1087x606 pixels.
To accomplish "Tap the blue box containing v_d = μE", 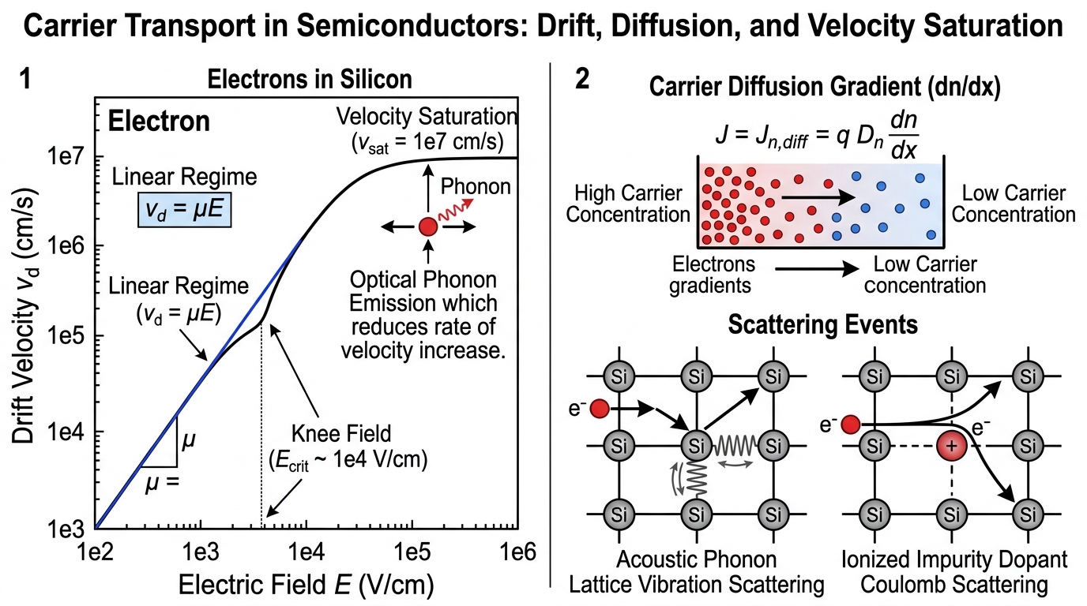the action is click(184, 209).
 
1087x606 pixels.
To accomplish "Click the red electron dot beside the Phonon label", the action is click(428, 226).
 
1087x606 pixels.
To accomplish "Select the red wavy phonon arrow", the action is click(456, 210).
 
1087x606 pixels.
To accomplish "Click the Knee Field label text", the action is click(341, 433).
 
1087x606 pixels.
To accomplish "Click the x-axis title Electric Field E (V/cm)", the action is click(307, 585).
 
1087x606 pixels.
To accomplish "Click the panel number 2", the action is click(582, 79).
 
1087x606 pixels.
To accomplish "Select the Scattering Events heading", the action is click(823, 324).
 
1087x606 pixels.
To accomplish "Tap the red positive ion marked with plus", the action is click(952, 446).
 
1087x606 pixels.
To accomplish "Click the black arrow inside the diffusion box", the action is click(818, 197).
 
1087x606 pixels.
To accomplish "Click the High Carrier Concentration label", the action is click(628, 204).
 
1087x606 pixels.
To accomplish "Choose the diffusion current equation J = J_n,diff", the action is click(817, 135).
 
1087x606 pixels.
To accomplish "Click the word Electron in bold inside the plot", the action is click(159, 121).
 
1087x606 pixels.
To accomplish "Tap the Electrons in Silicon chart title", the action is click(310, 79).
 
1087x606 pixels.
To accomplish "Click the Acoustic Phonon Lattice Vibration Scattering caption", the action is click(697, 572).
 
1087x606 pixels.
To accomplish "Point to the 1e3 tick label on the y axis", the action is click(66, 529).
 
